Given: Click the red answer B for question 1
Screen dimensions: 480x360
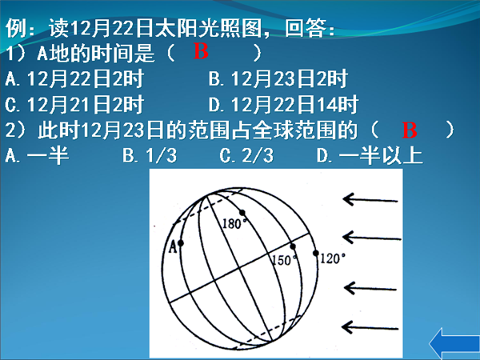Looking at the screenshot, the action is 201,51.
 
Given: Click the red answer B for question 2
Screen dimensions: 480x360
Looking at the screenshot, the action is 410,130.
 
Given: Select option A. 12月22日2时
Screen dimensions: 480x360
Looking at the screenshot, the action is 74,78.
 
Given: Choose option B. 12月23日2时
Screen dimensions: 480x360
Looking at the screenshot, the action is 278,78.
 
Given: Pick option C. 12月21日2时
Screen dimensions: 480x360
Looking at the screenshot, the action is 74,104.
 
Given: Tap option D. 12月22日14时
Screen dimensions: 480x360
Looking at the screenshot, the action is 283,104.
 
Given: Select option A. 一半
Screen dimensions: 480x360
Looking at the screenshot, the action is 37,156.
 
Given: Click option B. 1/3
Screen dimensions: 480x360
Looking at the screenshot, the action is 150,156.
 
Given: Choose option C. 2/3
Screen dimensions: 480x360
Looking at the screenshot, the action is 246,156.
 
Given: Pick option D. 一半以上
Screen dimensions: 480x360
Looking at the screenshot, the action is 370,156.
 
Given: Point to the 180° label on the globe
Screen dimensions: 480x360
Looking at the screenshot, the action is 234,224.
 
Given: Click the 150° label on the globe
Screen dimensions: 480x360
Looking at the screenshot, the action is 285,260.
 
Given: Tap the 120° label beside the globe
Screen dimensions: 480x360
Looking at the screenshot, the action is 333,259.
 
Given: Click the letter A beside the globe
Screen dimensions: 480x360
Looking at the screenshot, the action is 173,246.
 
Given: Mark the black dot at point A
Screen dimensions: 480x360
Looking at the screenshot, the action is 181,243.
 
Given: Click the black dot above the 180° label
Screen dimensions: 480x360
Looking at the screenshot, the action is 242,213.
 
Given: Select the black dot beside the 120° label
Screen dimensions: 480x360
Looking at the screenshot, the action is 316,253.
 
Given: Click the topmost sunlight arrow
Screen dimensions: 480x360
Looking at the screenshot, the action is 370,200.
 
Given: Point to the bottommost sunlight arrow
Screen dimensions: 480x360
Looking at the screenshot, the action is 370,327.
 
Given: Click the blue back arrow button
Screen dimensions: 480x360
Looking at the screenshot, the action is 454,344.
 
